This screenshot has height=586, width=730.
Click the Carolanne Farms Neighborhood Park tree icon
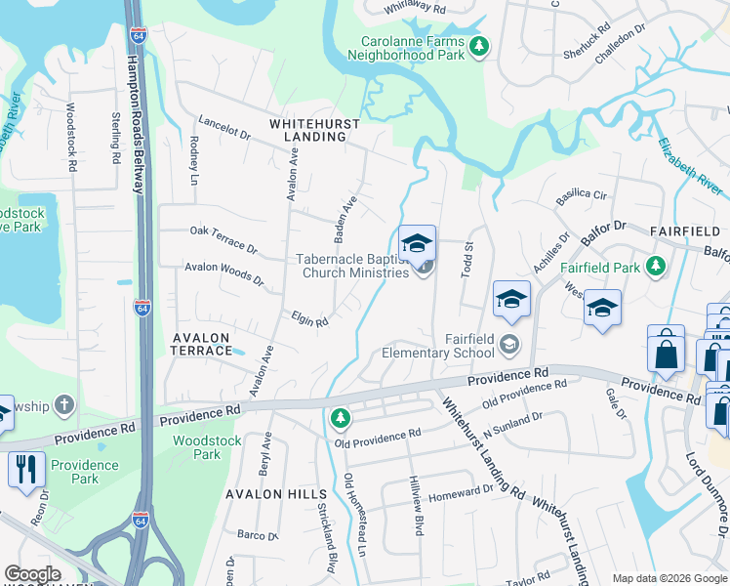pyautogui.click(x=478, y=46)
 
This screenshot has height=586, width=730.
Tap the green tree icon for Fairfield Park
pyautogui.click(x=657, y=266)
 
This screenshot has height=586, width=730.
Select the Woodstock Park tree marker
pyautogui.click(x=340, y=419)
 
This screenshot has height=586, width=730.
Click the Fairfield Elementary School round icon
pyautogui.click(x=508, y=344)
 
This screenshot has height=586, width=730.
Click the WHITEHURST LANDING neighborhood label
pyautogui.click(x=314, y=131)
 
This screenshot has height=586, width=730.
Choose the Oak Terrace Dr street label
pyautogui.click(x=223, y=239)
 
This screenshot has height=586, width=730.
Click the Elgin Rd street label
pyautogui.click(x=308, y=318)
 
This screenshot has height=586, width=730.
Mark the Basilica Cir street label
pyautogui.click(x=581, y=194)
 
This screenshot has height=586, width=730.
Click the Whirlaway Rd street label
pyautogui.click(x=414, y=8)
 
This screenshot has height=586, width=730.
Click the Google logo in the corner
pyautogui.click(x=32, y=574)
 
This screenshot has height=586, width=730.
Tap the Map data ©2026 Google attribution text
pyautogui.click(x=668, y=577)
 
